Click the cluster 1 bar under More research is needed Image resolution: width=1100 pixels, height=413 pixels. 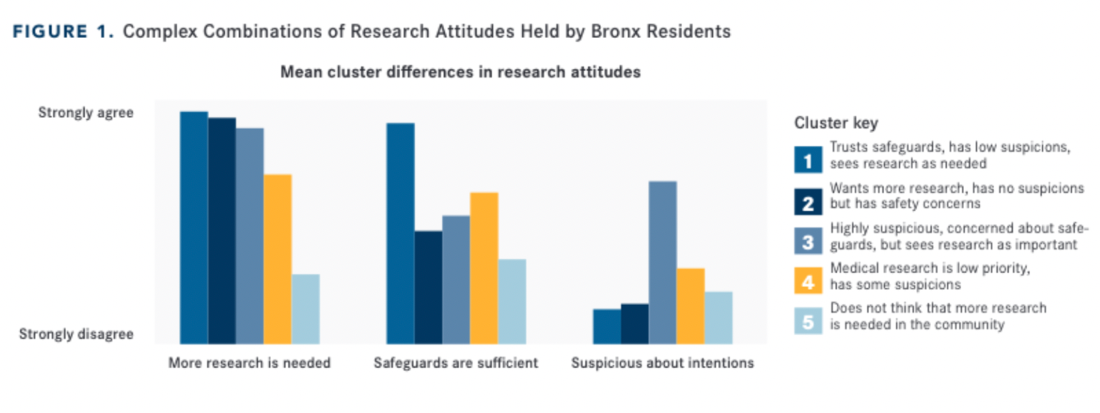[x=193, y=227]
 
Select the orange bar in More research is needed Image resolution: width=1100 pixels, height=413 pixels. [x=278, y=259]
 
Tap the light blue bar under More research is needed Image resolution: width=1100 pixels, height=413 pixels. [x=306, y=309]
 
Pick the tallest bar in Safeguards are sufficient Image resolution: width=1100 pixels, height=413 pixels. [x=400, y=233]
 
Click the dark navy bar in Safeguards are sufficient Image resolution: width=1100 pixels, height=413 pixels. [x=428, y=287]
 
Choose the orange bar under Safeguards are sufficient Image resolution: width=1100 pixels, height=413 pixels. [x=484, y=268]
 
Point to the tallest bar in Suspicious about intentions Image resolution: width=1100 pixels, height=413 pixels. [x=662, y=262]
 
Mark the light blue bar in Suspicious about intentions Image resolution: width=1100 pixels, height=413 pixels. [x=718, y=317]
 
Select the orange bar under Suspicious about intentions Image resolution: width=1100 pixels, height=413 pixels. [x=690, y=306]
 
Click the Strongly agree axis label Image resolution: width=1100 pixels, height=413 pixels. [x=86, y=113]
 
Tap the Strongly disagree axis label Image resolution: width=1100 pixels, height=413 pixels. [x=76, y=335]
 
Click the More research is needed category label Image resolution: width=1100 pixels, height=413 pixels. [x=249, y=363]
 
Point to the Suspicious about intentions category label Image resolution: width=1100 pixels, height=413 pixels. [x=662, y=363]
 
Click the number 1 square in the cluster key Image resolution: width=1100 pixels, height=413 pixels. [x=808, y=160]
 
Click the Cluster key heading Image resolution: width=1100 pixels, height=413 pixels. [x=835, y=123]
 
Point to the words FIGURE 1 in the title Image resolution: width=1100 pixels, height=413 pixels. [x=63, y=32]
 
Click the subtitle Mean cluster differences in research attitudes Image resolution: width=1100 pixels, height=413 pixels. [x=460, y=73]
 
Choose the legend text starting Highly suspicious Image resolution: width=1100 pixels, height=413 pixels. [x=959, y=237]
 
